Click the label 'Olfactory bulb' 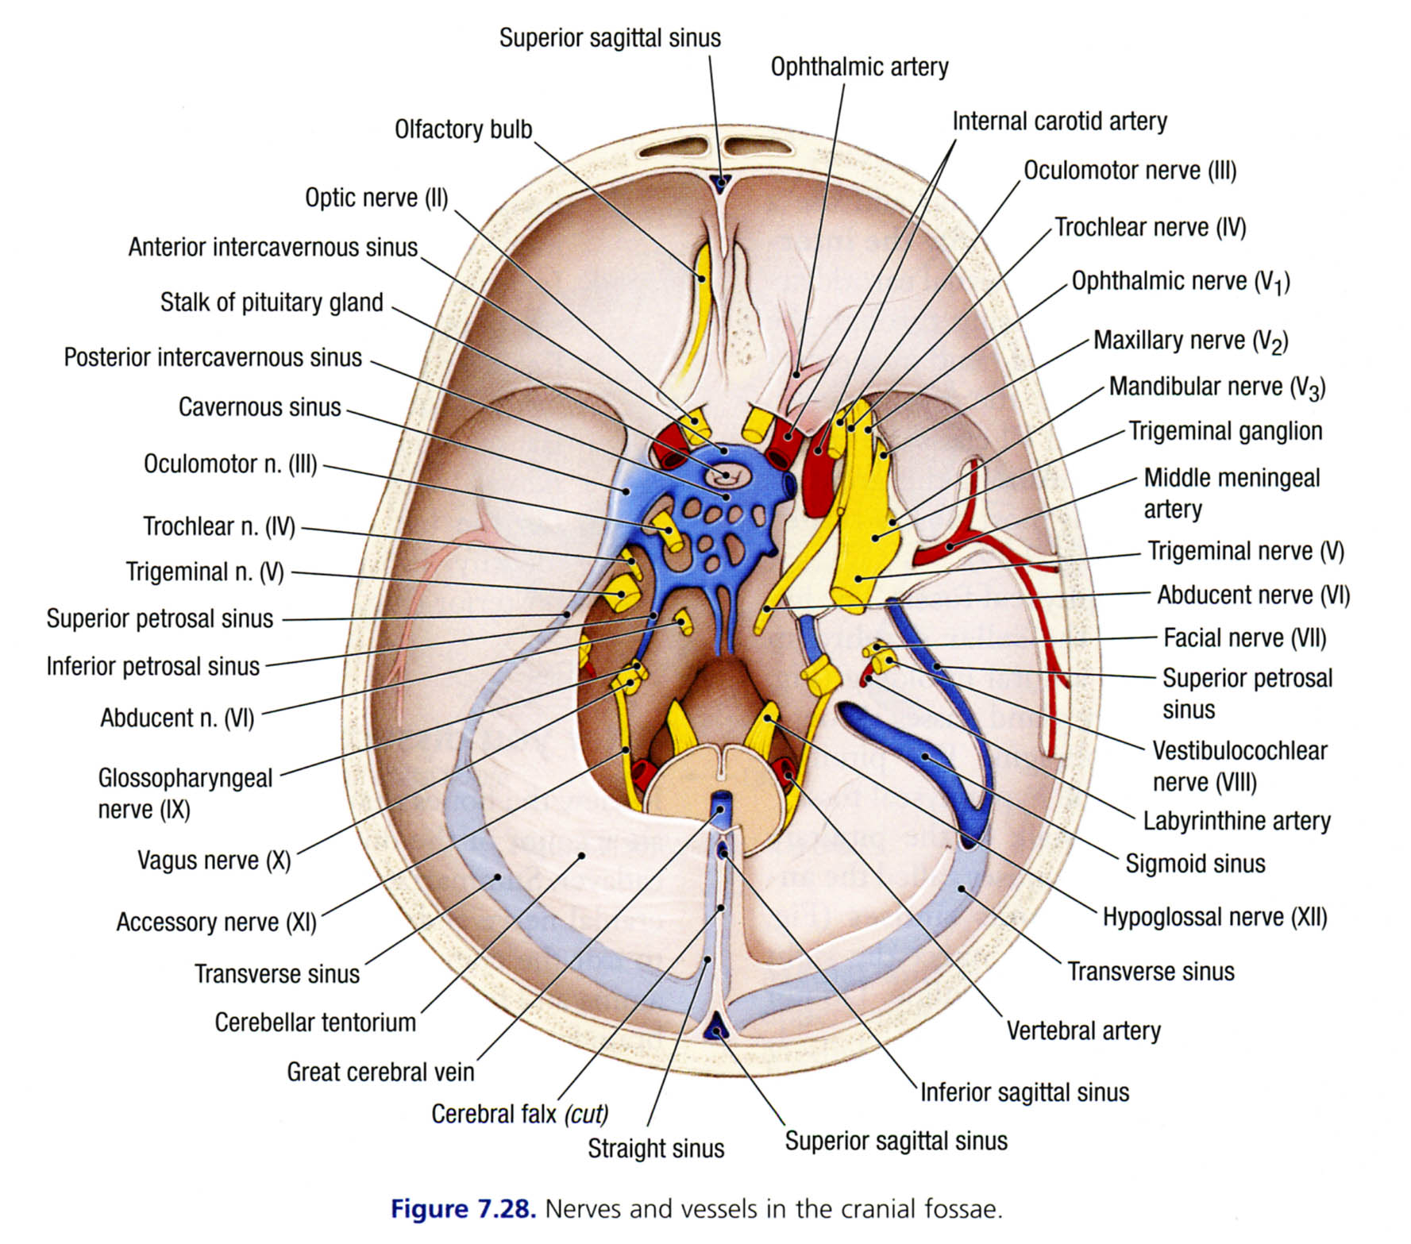[463, 129]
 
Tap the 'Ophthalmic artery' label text [859, 67]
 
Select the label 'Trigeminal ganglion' [1225, 432]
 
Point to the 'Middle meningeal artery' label [1231, 493]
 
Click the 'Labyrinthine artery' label [1236, 822]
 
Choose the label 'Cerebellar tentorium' [315, 1023]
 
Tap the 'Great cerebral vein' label [380, 1073]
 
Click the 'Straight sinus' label [656, 1149]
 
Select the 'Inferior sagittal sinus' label [1024, 1093]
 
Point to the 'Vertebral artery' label [1083, 1031]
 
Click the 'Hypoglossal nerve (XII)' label [1214, 918]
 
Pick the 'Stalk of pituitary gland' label [272, 303]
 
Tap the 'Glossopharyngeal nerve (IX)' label [184, 793]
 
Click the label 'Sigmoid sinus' [1195, 864]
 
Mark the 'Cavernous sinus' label [260, 407]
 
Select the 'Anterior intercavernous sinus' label [272, 248]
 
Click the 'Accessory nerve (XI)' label [216, 922]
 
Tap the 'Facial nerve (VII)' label [1244, 638]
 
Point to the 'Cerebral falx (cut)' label [519, 1115]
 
